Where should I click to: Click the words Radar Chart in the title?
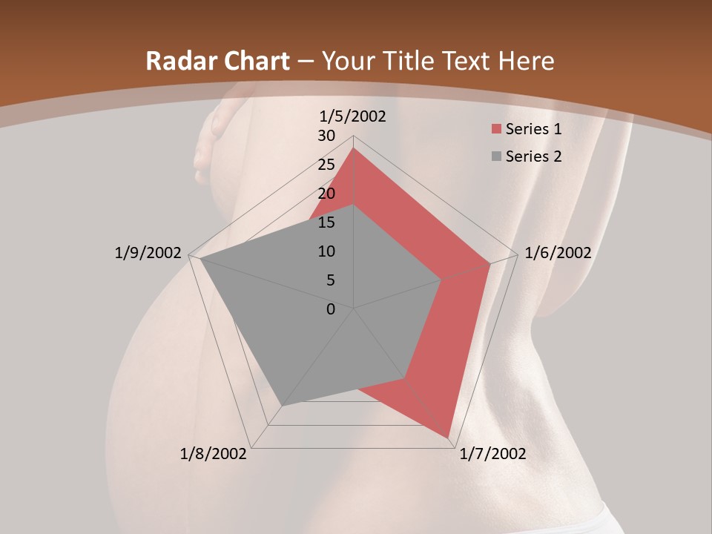click(x=217, y=61)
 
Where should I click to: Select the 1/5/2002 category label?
click(x=353, y=116)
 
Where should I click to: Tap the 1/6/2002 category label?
click(x=558, y=253)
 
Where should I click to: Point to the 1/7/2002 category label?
click(x=492, y=454)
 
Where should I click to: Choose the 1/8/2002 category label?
click(x=214, y=454)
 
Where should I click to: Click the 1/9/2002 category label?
click(x=148, y=253)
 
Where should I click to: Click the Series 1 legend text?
click(x=533, y=129)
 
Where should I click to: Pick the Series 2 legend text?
click(x=533, y=156)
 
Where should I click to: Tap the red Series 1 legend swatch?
click(x=495, y=130)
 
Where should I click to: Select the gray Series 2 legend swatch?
click(x=495, y=157)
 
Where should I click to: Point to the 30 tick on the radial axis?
click(x=326, y=136)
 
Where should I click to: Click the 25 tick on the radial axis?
click(x=326, y=165)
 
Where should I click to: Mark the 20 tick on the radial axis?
click(x=326, y=194)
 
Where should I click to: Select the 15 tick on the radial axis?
click(x=326, y=222)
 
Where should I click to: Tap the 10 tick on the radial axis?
click(x=326, y=251)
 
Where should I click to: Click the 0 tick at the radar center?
click(x=331, y=309)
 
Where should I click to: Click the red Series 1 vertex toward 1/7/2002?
click(x=448, y=437)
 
